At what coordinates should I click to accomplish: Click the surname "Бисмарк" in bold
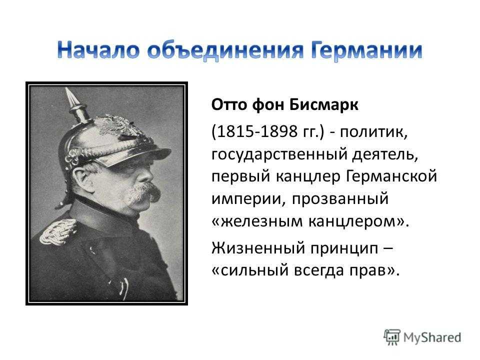(323, 104)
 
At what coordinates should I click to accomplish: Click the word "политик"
(373, 132)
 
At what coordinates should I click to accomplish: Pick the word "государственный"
(278, 154)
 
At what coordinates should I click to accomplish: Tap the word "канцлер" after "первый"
(308, 176)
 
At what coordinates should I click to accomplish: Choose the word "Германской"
(392, 176)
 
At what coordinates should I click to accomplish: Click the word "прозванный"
(340, 199)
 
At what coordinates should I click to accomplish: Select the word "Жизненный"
(258, 247)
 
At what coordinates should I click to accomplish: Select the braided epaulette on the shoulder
(58, 231)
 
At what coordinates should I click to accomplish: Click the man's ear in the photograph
(82, 178)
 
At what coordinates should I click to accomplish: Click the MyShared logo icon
(392, 337)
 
